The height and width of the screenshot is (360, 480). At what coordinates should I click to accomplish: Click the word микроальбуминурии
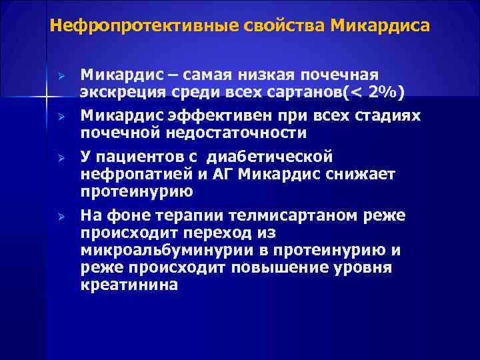tap(158, 251)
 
